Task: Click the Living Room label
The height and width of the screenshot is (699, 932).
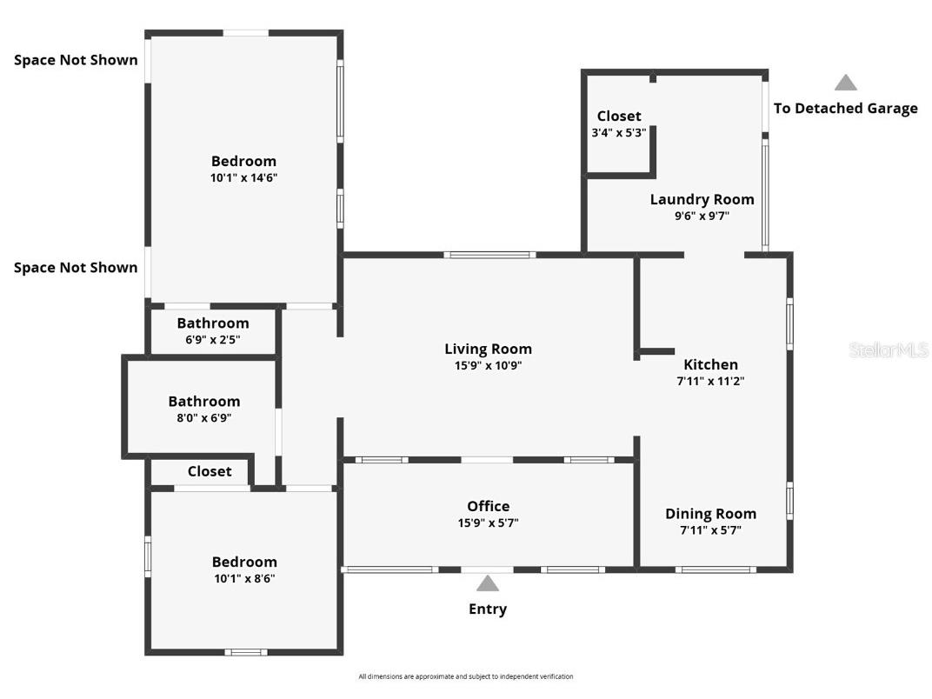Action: coord(488,349)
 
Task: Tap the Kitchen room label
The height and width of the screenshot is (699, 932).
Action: coord(710,364)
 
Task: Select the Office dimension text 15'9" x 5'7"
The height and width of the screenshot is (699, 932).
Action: coord(488,523)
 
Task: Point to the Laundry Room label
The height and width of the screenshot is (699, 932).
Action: coord(702,199)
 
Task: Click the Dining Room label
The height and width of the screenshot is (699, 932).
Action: coord(710,513)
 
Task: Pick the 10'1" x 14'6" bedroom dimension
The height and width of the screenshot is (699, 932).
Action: coord(243,177)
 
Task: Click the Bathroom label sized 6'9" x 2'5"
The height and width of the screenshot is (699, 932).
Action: coord(212,323)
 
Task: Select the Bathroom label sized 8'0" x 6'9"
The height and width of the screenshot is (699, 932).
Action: coord(203,402)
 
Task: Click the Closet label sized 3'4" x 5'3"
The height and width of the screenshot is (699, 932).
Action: coord(619,116)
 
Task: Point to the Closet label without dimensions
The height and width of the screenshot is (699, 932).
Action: coord(210,471)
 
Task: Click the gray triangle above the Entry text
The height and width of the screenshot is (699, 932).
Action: coord(488,583)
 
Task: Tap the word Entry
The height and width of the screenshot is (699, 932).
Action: coord(488,609)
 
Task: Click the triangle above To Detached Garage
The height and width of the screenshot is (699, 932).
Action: coord(845,83)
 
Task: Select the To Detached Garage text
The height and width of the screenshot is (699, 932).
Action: coord(845,108)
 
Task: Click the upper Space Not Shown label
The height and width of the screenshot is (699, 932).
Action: coord(76,60)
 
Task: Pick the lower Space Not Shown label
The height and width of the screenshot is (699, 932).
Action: coord(76,268)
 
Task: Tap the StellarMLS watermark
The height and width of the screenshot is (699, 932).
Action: coord(888,350)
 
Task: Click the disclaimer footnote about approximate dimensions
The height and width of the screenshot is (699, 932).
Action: coord(466,676)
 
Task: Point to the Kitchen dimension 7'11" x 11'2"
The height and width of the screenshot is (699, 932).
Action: coord(710,381)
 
